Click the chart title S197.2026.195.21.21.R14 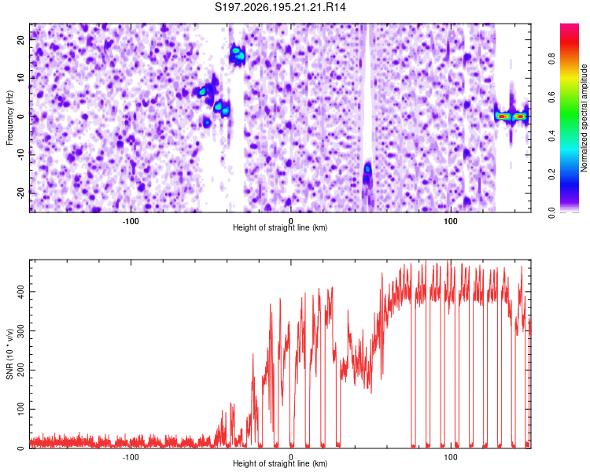[x=280, y=7]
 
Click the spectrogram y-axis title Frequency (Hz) [x=9, y=118]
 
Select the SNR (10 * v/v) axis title [x=9, y=354]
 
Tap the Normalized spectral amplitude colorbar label [x=584, y=118]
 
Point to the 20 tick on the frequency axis [x=21, y=39]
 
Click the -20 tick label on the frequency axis [x=21, y=193]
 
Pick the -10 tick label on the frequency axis [x=21, y=155]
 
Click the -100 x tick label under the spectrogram [x=131, y=221]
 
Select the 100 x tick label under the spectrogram [x=451, y=221]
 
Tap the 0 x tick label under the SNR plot [x=290, y=457]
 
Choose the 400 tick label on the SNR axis [x=21, y=292]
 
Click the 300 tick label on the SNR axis [x=21, y=331]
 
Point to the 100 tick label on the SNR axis [x=21, y=409]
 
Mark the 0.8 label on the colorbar [x=551, y=58]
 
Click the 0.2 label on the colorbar [x=551, y=175]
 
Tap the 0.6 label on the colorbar [x=551, y=97]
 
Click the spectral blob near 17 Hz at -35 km [x=237, y=55]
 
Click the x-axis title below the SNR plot [x=280, y=463]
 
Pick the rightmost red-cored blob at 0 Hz [x=521, y=116]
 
